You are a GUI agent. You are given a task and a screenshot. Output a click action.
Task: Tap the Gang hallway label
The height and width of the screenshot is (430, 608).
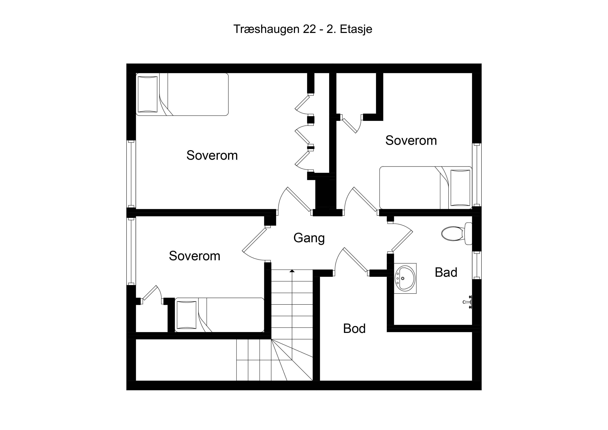point(309,238)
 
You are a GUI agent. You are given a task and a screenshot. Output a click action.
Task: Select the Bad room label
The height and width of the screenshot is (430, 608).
point(446,272)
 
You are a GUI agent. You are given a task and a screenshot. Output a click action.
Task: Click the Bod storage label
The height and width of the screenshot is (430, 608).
point(354,329)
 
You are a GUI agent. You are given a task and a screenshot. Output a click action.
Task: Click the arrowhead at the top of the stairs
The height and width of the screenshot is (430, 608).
point(292,271)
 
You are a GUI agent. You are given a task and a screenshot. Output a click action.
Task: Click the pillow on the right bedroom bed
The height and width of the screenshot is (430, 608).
point(460,188)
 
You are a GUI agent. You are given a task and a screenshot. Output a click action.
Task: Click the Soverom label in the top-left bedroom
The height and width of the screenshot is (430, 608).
point(212,155)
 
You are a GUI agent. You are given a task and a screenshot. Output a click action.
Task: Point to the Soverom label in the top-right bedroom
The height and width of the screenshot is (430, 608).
point(411,140)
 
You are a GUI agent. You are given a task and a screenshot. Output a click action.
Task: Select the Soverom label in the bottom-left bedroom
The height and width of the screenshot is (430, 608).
point(195,256)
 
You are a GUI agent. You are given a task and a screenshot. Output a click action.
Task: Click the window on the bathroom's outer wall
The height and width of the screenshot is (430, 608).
point(477,265)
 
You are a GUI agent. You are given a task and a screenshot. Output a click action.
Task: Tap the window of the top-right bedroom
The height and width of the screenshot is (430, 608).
point(477,175)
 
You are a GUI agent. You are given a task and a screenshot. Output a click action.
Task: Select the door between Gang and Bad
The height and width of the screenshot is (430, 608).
point(400,237)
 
